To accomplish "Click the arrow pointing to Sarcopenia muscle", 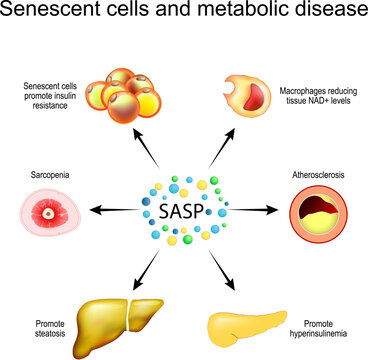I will coord(111,209).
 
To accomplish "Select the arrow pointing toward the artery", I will coord(255,209).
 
